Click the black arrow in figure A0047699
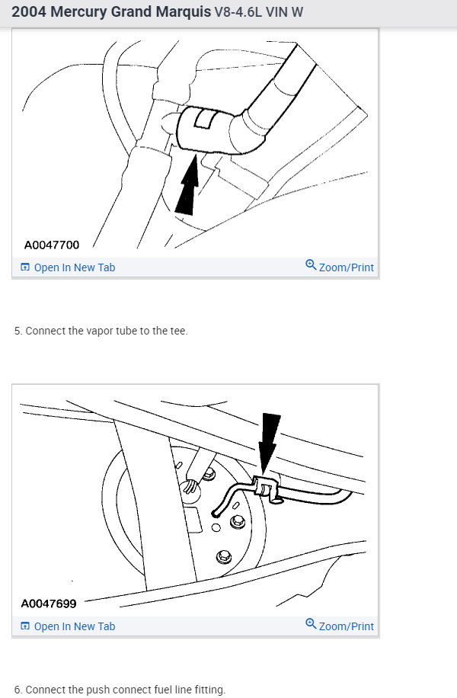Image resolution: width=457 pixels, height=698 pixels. (268, 442)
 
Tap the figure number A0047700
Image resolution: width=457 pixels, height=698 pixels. (51, 245)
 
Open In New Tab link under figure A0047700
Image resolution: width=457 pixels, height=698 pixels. (75, 267)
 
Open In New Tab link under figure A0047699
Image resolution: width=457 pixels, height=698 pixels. (75, 626)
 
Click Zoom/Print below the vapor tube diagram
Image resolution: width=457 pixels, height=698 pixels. (346, 267)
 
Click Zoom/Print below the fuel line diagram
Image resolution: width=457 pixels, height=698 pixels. (346, 626)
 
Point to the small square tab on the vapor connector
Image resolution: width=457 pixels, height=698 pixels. (204, 119)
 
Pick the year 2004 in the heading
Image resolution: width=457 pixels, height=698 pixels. (29, 13)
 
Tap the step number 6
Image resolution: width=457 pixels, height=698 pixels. (18, 690)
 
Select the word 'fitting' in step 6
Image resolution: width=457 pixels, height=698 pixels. (208, 690)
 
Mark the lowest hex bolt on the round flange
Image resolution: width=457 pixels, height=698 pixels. (223, 556)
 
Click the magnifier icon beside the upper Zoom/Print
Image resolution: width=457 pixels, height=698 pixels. (310, 265)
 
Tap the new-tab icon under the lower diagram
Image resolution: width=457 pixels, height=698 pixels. (25, 626)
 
